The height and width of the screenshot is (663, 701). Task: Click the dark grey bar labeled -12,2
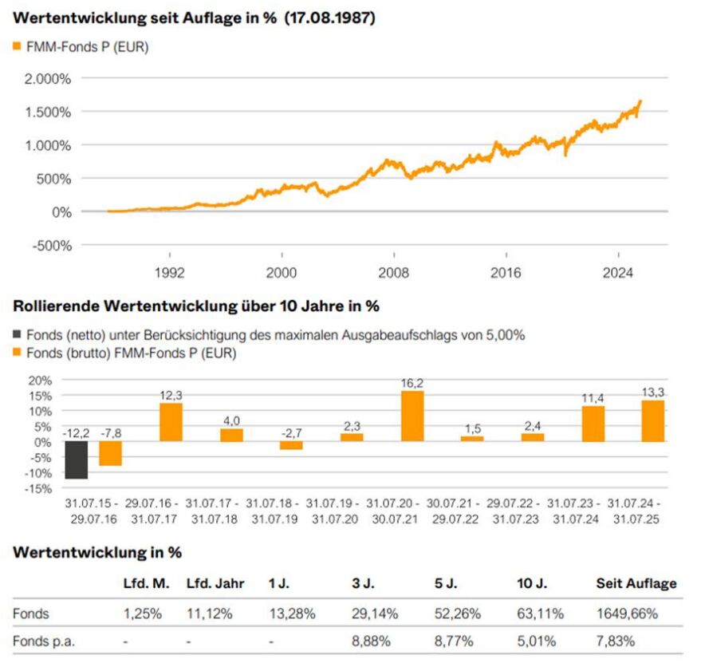coord(76,460)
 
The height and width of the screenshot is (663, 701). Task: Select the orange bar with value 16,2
coord(412,416)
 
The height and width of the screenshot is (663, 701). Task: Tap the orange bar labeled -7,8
coord(110,453)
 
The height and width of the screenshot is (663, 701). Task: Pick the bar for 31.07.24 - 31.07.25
coord(652,420)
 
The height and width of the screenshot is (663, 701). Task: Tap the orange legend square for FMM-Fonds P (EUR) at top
coord(18,47)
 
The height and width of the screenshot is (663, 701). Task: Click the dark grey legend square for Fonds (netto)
coord(18,335)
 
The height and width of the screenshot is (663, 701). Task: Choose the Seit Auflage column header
coord(636,583)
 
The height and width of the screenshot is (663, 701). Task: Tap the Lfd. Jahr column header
coord(215,583)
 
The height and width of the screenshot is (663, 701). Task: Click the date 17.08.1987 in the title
coord(330,18)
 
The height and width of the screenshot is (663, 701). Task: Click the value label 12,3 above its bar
coord(171,395)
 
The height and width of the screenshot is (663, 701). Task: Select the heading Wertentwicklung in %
coord(97,552)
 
